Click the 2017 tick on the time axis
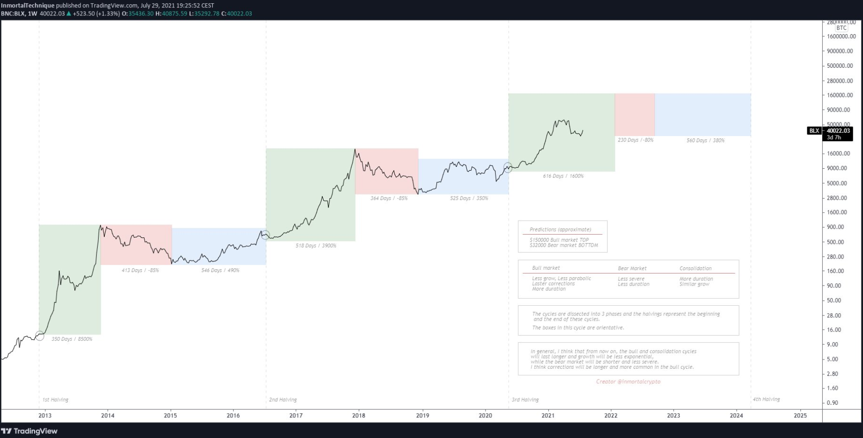tap(296, 416)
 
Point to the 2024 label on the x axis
tap(736, 416)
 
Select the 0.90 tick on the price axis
tap(832, 403)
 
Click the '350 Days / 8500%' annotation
tap(72, 339)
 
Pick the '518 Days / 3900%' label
tap(316, 246)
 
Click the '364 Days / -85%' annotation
tap(389, 199)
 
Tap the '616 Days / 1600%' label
tap(563, 176)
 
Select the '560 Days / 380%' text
tap(705, 141)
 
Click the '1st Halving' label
tap(55, 400)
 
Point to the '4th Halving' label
tap(766, 400)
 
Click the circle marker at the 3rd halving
tap(508, 168)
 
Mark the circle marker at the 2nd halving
tap(265, 235)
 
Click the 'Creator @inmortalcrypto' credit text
tap(628, 382)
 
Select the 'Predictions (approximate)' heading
tap(560, 230)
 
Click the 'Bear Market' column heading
tap(632, 269)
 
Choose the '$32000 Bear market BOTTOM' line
tap(564, 245)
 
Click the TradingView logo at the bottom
tap(29, 431)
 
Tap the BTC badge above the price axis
tap(841, 28)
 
